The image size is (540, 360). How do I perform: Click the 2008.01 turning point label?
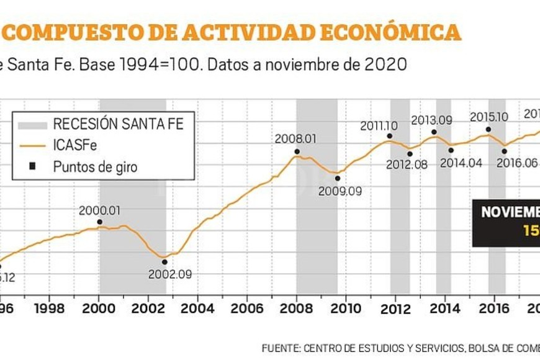tap(296, 138)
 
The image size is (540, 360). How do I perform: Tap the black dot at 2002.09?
tap(164, 261)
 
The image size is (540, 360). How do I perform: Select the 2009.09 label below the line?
tap(340, 191)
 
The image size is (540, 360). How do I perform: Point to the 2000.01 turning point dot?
tap(100, 222)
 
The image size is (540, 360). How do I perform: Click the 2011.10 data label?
tap(379, 126)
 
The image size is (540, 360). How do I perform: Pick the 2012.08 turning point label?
tap(407, 164)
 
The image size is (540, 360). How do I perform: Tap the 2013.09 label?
tap(431, 120)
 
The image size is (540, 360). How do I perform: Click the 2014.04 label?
tap(461, 163)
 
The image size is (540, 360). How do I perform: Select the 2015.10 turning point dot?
tap(488, 130)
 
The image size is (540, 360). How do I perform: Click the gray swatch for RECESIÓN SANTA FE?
tap(32, 125)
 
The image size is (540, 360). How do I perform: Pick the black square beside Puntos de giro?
tap(32, 166)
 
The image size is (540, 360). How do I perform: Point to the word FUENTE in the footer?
tap(280, 348)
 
